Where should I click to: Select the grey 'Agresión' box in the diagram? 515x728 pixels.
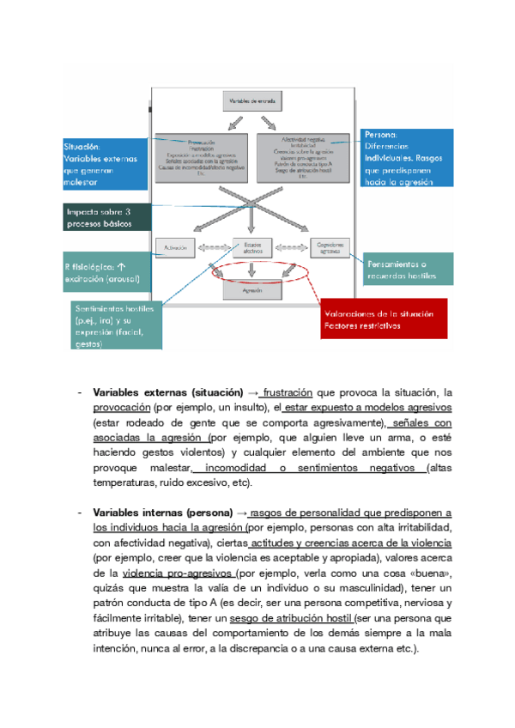pos(251,292)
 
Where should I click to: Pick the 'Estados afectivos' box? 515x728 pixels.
pos(252,247)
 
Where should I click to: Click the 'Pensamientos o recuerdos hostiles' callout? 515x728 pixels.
pos(409,270)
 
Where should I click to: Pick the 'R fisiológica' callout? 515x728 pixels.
pos(106,272)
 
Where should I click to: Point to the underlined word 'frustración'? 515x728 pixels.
pos(288,392)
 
